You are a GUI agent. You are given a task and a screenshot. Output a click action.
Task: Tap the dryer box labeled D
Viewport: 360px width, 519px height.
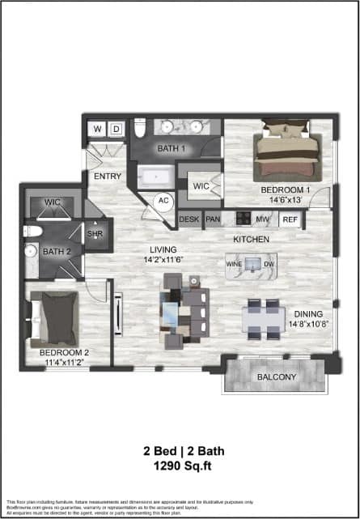point(116,129)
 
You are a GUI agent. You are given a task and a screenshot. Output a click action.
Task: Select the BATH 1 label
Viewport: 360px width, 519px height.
point(172,149)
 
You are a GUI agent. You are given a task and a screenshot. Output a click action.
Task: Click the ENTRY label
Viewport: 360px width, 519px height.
point(108,176)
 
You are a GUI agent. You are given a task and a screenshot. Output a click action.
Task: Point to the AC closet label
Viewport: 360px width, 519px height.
point(163,200)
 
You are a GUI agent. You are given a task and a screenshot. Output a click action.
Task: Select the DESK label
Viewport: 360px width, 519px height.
point(189,219)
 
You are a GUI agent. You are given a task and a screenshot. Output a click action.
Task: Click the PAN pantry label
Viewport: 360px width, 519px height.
point(214,219)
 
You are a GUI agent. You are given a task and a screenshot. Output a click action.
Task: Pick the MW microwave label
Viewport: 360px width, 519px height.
point(262,219)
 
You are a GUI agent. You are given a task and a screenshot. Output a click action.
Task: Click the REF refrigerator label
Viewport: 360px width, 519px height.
point(290,219)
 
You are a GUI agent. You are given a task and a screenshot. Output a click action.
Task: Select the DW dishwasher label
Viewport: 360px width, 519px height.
point(270,265)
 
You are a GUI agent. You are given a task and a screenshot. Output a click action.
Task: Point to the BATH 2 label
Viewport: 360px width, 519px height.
point(57,251)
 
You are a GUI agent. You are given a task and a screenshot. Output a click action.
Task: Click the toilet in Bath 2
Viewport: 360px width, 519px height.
point(31,232)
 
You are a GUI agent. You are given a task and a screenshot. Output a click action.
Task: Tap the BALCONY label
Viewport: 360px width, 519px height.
point(276,377)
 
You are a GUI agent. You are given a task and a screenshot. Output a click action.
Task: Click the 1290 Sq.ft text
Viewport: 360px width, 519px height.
point(180,467)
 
